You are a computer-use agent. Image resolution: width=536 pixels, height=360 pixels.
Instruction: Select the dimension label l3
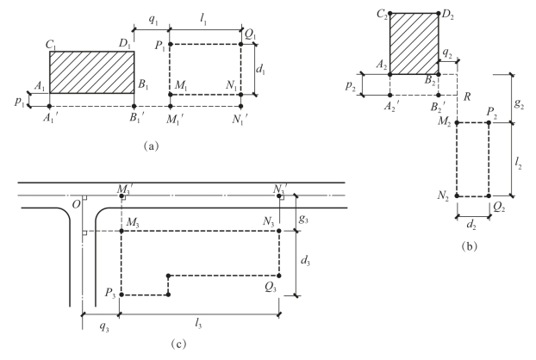click(199, 324)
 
